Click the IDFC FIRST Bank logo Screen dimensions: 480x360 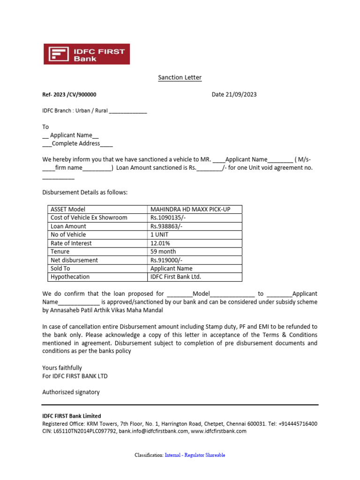87,54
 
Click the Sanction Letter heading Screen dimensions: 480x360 180,77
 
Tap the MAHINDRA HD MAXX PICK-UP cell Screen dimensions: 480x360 190,210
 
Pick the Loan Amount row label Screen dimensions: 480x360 68,226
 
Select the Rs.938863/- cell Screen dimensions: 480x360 166,226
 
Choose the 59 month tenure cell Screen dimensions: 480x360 164,252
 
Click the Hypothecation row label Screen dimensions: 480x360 70,277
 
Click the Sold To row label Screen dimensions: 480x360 60,269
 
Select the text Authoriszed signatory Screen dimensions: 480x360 71,392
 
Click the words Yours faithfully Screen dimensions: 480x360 62,368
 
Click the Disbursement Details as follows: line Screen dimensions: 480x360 85,193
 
